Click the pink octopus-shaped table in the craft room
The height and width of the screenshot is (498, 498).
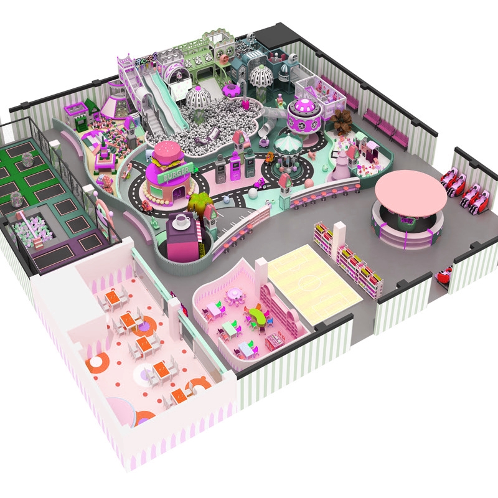[x=235, y=293]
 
